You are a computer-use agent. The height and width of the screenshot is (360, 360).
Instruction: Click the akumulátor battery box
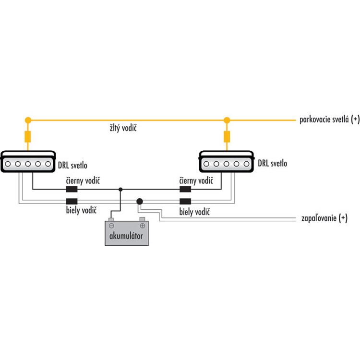127,233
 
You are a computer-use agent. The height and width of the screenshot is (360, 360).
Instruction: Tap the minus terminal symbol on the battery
111,226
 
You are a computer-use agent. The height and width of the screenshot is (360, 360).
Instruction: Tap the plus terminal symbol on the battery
143,226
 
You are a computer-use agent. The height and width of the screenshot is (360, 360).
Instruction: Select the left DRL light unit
28,161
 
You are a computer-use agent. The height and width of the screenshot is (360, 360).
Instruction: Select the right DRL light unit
227,161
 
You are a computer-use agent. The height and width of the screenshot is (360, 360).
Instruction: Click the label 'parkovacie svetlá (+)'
329,120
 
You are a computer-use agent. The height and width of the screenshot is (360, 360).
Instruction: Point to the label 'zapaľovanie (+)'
324,218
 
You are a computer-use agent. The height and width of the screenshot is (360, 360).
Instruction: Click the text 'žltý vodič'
123,128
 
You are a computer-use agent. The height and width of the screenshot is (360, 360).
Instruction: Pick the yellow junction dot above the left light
28,120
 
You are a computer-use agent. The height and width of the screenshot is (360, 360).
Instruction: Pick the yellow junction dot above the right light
227,120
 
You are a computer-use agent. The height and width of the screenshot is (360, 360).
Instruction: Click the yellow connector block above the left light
28,137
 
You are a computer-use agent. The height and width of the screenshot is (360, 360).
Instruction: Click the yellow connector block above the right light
227,137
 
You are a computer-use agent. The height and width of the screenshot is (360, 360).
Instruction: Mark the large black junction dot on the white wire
140,202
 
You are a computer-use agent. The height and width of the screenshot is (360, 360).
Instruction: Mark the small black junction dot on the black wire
120,190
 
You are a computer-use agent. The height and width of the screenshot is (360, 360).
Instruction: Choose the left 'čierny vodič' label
83,180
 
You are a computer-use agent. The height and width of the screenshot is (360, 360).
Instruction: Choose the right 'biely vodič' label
194,212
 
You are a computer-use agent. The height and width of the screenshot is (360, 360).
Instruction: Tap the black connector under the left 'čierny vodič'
72,189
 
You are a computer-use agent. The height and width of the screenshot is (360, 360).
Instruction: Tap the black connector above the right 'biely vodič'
185,201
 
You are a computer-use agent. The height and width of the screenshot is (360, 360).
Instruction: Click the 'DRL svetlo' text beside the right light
273,163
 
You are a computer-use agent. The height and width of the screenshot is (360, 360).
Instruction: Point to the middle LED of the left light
28,164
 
